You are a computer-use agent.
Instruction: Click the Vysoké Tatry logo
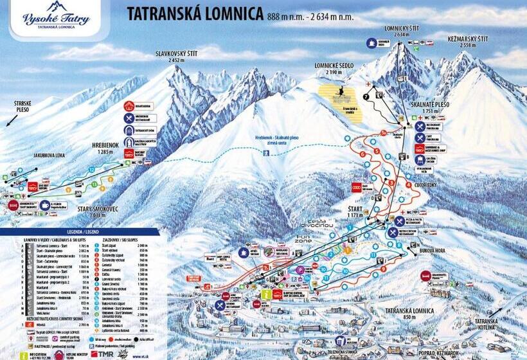tap(56, 18)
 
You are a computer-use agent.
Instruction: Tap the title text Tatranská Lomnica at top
tap(195, 13)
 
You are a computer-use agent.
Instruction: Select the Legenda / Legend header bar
tap(79, 231)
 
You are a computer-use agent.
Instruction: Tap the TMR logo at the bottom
tap(103, 354)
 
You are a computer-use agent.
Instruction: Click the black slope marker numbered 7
tap(366, 96)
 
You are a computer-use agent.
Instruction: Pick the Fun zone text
tap(302, 239)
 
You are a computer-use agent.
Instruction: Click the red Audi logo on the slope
tap(359, 187)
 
